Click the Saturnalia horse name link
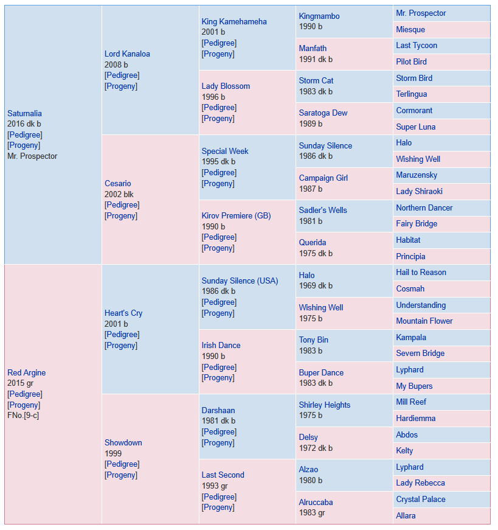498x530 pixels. coord(25,113)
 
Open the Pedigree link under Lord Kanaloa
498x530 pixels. coord(122,75)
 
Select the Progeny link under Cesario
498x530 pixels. coord(121,215)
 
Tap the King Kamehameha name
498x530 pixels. coord(234,22)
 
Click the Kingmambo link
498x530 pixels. coord(319,16)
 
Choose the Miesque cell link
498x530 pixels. coord(410,29)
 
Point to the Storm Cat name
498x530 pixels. coord(316,80)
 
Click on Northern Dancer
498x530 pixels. coord(424,207)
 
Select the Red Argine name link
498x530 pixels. coord(26,372)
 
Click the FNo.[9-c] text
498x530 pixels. coord(23,415)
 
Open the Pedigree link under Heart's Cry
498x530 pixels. coord(122,334)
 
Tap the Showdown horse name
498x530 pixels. coord(123,442)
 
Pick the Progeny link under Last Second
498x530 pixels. coord(218,507)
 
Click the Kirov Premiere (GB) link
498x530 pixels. coord(236,215)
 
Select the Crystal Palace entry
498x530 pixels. coord(421,499)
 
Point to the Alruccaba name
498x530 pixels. coord(316,502)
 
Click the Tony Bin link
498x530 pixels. coord(314,340)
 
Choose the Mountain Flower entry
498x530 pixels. coord(424,321)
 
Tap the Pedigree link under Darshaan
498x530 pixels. coord(220,431)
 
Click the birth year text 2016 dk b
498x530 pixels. coord(24,124)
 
